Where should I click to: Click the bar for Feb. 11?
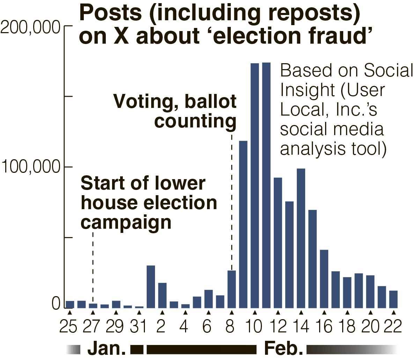coord(266,185)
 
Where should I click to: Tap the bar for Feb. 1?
coord(151,287)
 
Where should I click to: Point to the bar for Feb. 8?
coord(232,289)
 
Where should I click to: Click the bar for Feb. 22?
coord(394,299)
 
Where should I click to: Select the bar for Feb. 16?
coord(324,279)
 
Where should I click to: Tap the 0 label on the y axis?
coord(56,304)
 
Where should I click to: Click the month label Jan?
coord(106,348)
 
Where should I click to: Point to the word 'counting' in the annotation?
coord(196,121)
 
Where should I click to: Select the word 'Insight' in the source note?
coord(308,90)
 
